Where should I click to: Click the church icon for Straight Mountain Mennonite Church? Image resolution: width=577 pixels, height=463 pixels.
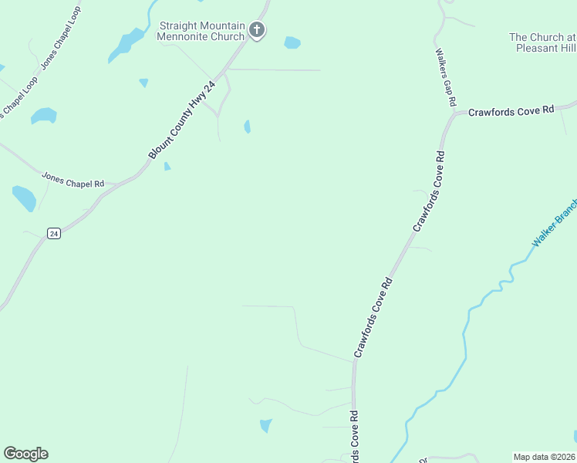pyautogui.click(x=258, y=31)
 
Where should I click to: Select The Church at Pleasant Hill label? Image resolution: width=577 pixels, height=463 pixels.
pyautogui.click(x=542, y=42)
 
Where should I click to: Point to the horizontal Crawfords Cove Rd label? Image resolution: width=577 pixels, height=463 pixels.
pyautogui.click(x=511, y=111)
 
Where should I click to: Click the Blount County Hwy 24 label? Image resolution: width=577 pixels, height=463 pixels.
pyautogui.click(x=181, y=120)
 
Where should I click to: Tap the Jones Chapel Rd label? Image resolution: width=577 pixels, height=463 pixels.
pyautogui.click(x=73, y=181)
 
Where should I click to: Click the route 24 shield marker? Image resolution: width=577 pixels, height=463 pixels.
pyautogui.click(x=53, y=233)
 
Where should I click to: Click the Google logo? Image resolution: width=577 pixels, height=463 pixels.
pyautogui.click(x=25, y=454)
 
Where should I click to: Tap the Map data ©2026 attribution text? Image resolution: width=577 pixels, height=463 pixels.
pyautogui.click(x=544, y=457)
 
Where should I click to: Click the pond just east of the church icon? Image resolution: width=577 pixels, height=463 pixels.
pyautogui.click(x=292, y=42)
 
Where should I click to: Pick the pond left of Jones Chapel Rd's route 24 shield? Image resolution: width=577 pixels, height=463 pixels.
pyautogui.click(x=24, y=198)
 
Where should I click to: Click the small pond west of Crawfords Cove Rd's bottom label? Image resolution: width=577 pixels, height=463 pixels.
pyautogui.click(x=266, y=424)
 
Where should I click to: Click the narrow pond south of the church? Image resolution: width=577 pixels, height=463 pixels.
pyautogui.click(x=247, y=126)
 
